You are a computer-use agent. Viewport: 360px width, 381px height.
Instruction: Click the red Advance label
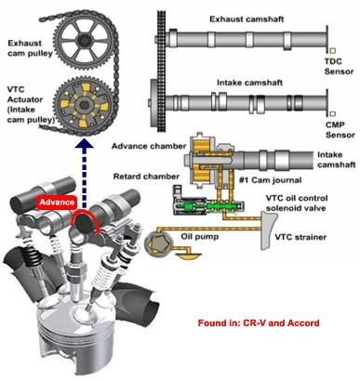click(57, 203)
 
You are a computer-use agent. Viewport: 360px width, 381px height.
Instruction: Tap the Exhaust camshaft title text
click(247, 20)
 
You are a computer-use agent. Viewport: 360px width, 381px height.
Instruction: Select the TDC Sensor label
click(339, 66)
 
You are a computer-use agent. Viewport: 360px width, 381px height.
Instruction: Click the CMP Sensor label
click(340, 130)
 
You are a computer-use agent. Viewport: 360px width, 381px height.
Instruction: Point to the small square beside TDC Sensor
click(333, 51)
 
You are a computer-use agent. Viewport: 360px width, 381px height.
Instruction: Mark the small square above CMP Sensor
click(333, 113)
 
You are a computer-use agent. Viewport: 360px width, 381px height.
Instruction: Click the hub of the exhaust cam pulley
click(84, 40)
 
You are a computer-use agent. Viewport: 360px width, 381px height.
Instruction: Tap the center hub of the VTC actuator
click(84, 106)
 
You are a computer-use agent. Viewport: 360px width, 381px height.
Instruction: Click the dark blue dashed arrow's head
click(84, 145)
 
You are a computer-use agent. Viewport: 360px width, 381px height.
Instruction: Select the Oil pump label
click(200, 237)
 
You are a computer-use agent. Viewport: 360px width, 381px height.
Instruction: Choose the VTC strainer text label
click(300, 238)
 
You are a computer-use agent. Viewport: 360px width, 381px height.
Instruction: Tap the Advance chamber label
click(149, 146)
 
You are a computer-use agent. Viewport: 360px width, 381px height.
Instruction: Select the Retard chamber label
click(146, 177)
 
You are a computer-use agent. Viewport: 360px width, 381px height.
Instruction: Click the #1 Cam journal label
click(270, 180)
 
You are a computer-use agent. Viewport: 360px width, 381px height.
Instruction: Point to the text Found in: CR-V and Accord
click(259, 323)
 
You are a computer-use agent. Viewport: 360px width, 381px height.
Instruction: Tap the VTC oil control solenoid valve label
click(296, 203)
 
